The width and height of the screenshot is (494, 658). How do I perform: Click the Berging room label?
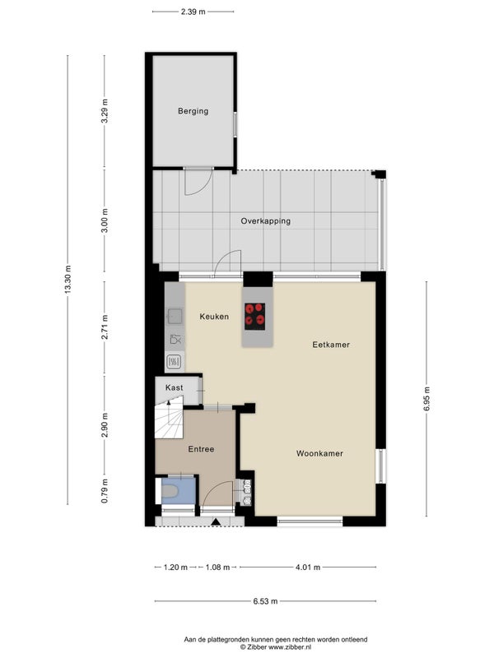tap(193, 111)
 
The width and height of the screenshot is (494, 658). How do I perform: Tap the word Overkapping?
tap(265, 221)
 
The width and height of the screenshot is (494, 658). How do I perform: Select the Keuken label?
tap(214, 317)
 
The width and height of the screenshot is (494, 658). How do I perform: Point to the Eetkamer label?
tap(331, 345)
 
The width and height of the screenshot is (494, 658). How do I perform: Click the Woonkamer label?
tap(319, 453)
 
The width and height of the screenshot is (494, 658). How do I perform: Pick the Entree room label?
tap(201, 449)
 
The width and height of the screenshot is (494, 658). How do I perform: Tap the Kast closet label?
tap(174, 387)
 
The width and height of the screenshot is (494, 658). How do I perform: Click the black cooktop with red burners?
tap(255, 317)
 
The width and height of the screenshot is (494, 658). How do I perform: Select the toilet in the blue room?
tap(170, 490)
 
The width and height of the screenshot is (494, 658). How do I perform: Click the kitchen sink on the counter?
tap(175, 316)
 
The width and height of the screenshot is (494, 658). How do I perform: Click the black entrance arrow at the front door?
tap(216, 521)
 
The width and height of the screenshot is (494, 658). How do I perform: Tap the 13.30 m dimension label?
tap(68, 280)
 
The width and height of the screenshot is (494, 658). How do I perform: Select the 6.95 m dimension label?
tap(426, 399)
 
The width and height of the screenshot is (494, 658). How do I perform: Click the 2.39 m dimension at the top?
tap(193, 12)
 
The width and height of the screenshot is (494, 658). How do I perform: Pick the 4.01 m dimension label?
tap(308, 568)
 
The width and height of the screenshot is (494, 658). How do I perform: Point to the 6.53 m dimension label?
tap(265, 601)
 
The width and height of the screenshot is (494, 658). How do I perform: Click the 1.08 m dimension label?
tap(217, 568)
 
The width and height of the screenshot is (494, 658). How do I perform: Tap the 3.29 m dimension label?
tap(105, 111)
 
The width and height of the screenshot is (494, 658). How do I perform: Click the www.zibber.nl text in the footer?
tap(290, 647)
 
